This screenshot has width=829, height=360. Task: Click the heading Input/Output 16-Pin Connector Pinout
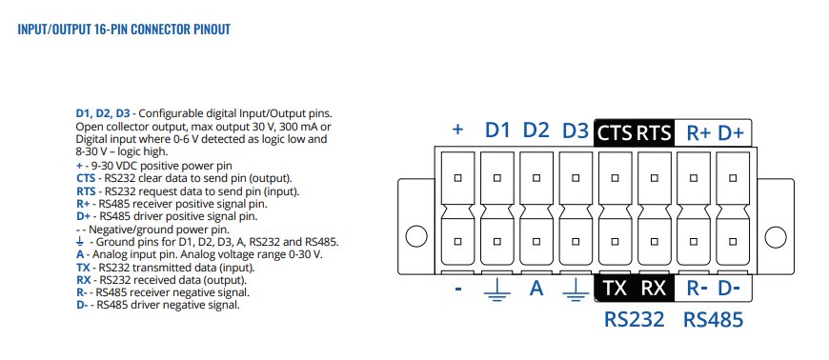(124, 29)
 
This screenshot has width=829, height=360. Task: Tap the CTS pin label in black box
(615, 132)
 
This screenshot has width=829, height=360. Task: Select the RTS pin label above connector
(654, 132)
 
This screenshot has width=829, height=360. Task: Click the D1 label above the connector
(497, 130)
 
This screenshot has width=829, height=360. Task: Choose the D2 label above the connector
(536, 130)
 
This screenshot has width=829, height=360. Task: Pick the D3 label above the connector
(576, 130)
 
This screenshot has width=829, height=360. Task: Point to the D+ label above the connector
(731, 132)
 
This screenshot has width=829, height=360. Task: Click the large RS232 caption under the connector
(634, 319)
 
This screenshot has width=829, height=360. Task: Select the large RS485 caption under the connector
(713, 319)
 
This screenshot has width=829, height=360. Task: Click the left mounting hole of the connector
(416, 234)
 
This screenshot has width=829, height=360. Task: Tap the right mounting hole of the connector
(774, 234)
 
